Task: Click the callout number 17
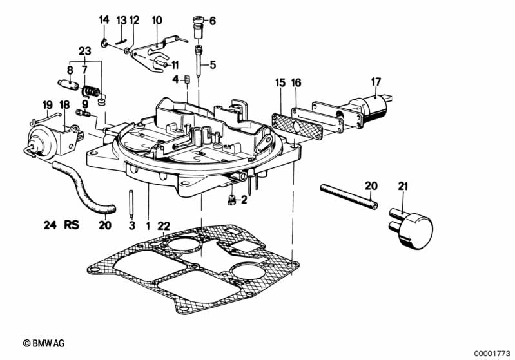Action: (376, 82)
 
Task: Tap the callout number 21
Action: (403, 186)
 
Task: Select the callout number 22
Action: (165, 225)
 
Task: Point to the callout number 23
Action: (85, 51)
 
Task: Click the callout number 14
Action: (104, 21)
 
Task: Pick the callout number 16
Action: (296, 82)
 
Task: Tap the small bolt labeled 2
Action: (231, 200)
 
